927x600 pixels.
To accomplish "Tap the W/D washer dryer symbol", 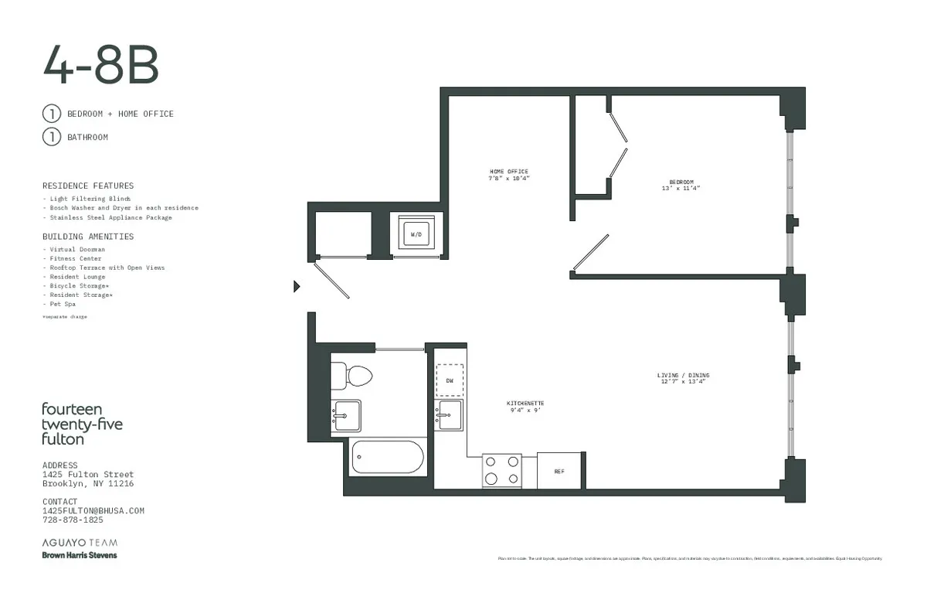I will [x=416, y=232].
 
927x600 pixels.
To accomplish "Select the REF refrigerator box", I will [x=559, y=470].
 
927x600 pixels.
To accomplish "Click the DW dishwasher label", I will [x=449, y=380].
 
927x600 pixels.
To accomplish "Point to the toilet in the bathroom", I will [x=352, y=376].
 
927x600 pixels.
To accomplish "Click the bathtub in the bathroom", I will [x=388, y=458].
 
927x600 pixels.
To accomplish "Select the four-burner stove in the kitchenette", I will [x=502, y=470].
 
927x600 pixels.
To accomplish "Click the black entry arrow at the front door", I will [x=297, y=287].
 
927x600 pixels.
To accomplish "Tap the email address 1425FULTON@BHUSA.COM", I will [x=93, y=511].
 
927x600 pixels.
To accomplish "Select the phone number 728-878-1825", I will [x=73, y=520].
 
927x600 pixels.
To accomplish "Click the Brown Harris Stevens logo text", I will [x=80, y=555].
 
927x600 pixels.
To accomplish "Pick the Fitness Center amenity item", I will [x=76, y=258].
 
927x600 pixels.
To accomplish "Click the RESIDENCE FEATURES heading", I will [x=88, y=186].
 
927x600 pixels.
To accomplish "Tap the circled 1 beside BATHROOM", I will [x=51, y=137].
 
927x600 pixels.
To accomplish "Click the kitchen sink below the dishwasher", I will [x=449, y=415].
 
